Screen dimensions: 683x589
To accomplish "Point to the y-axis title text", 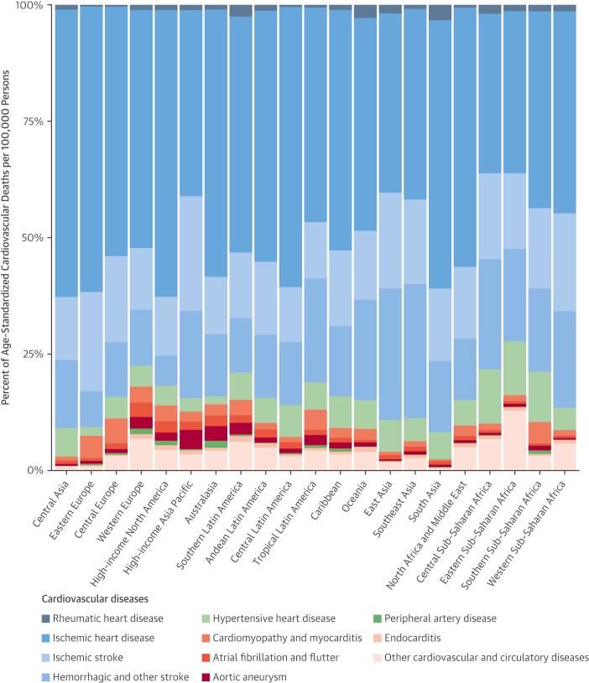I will coord(8,237).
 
